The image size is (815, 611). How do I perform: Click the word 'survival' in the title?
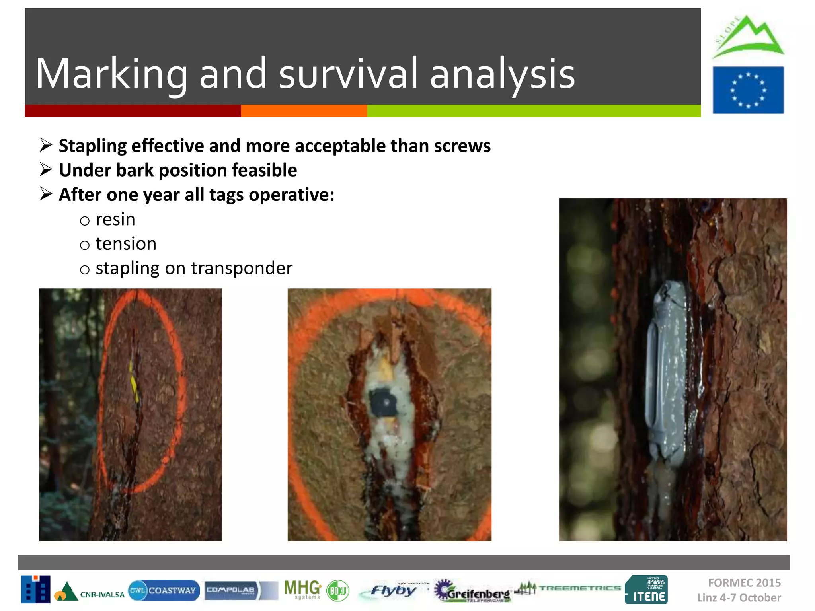click(348, 74)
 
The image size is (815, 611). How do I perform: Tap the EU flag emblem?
click(748, 90)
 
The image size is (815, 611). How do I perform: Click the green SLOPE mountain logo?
click(747, 38)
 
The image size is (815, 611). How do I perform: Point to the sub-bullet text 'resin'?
click(115, 220)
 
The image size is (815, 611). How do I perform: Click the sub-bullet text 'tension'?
click(126, 244)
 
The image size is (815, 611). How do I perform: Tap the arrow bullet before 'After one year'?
click(46, 194)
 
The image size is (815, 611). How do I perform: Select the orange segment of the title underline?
click(304, 111)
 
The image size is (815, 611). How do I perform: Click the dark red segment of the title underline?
click(133, 111)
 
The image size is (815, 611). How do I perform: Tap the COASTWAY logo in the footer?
click(164, 590)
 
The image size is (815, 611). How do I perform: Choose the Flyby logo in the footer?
click(392, 590)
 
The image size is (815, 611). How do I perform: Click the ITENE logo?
click(646, 590)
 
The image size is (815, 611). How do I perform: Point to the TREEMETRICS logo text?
click(579, 588)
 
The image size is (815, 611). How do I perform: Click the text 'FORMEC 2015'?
click(744, 583)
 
